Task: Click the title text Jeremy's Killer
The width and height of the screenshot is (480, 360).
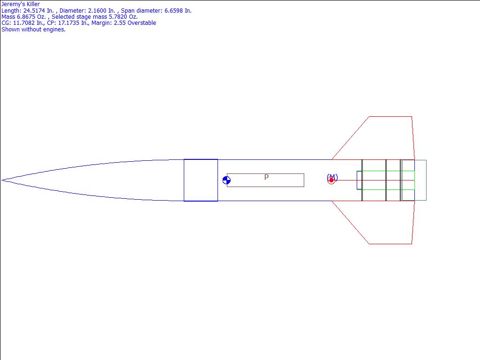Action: (21, 4)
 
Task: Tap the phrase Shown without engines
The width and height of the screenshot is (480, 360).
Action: (33, 30)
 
